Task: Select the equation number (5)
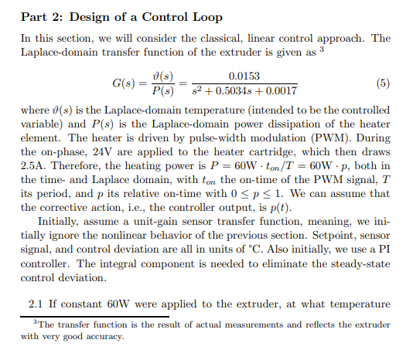pyautogui.click(x=382, y=83)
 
